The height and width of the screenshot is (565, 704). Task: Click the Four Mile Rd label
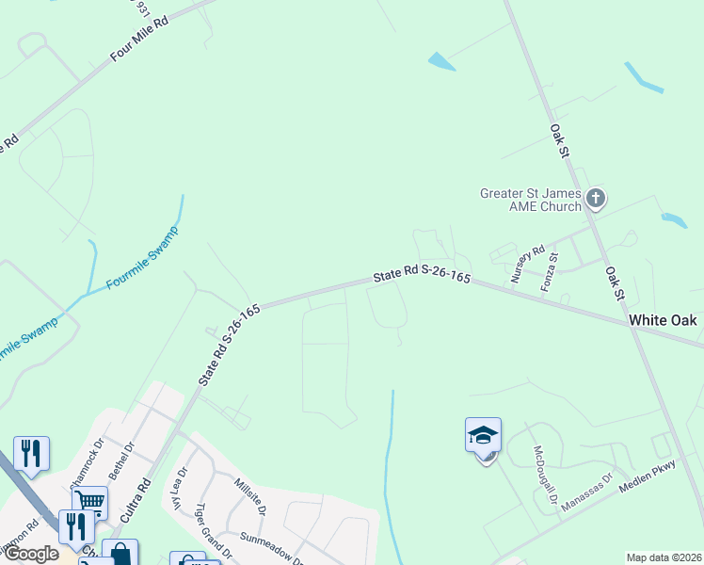pyautogui.click(x=138, y=39)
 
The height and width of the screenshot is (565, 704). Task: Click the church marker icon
pyautogui.click(x=595, y=199)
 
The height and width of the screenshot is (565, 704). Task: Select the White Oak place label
pyautogui.click(x=663, y=320)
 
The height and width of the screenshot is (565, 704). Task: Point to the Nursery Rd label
pyautogui.click(x=527, y=265)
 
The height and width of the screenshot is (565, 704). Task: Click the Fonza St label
pyautogui.click(x=551, y=270)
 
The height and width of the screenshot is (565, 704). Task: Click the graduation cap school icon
pyautogui.click(x=483, y=435)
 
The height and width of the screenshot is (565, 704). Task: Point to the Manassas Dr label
pyautogui.click(x=586, y=492)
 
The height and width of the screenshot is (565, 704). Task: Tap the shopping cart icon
pyautogui.click(x=89, y=502)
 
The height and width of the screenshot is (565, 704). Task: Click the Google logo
pyautogui.click(x=32, y=554)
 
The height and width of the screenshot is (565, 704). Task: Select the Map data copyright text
pyautogui.click(x=663, y=557)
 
